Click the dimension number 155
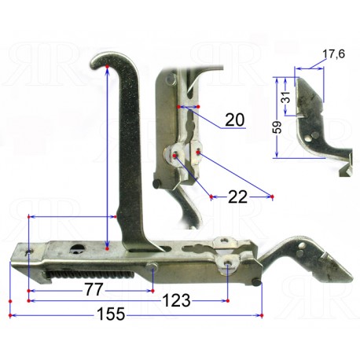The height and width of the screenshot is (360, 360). click(x=111, y=314)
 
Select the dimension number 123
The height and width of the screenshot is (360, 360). click(x=176, y=300)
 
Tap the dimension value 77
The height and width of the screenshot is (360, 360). click(x=94, y=290)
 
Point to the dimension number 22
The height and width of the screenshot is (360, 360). click(x=237, y=197)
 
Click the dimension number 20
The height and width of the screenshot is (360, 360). click(x=235, y=119)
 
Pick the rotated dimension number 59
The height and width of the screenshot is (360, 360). click(x=278, y=127)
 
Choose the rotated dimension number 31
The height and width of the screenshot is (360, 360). click(x=287, y=97)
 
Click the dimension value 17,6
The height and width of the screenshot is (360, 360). click(x=333, y=54)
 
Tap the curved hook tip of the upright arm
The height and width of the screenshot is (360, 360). click(x=96, y=62)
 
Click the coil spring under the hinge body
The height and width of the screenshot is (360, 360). click(x=90, y=274)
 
